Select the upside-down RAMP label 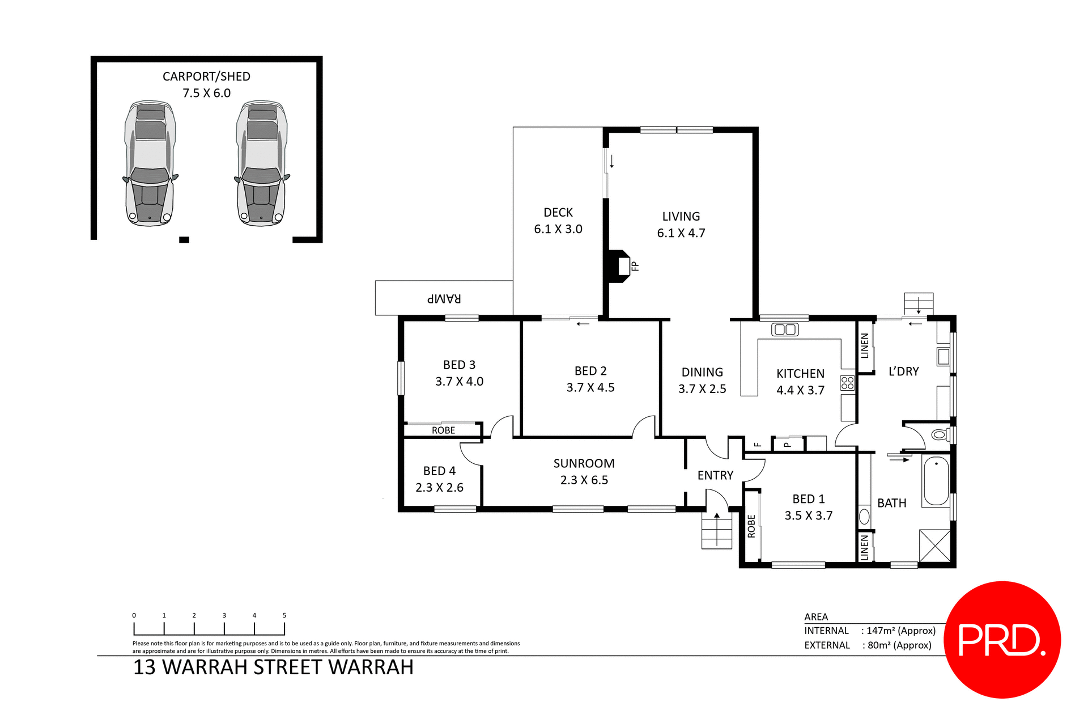444,298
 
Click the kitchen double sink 785,329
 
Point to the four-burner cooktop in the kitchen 847,383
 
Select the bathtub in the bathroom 936,481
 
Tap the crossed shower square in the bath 934,546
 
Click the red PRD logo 1002,639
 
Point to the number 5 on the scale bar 284,615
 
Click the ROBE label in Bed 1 751,526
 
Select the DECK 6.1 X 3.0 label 558,221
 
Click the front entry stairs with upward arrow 717,530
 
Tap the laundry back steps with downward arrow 918,303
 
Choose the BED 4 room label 439,471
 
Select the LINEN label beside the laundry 865,346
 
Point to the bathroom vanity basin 864,516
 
